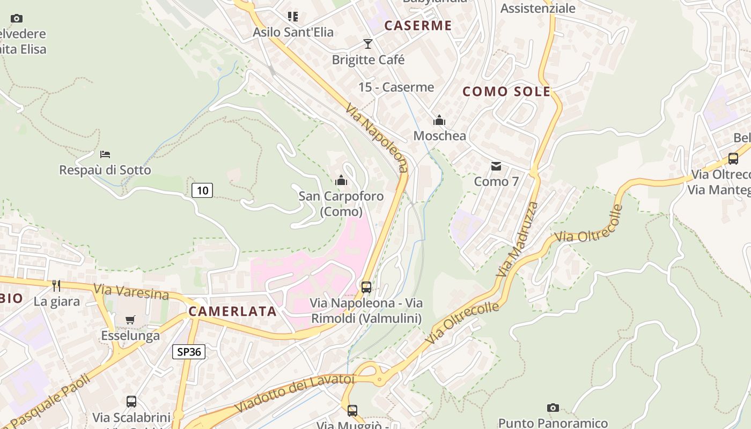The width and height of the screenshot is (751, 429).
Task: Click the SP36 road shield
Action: [189, 352]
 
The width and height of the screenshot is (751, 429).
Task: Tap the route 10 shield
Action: [202, 190]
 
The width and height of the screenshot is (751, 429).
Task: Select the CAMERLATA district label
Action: [233, 312]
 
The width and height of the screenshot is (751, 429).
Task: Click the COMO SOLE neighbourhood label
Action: [506, 92]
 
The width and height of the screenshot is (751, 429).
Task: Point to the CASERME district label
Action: [418, 25]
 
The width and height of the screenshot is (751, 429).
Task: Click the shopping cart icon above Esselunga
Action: [130, 320]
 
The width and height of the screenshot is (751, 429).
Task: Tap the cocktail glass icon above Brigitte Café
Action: [367, 43]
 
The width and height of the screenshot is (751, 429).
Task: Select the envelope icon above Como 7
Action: [496, 166]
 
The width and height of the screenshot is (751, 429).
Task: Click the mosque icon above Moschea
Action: [439, 120]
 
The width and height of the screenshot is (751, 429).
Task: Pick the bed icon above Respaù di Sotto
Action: [105, 154]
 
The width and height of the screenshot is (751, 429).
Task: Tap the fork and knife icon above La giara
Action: [56, 285]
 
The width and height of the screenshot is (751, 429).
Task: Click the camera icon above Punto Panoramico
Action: [553, 408]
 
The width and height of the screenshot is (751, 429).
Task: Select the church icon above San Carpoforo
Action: [341, 180]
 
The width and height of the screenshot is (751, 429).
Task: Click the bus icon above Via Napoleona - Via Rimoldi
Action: [366, 287]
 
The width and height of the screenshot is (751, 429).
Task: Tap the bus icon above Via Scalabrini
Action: [131, 401]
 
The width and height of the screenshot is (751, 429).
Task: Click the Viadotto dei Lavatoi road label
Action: [295, 393]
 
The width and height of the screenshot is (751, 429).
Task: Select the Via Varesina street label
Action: [131, 292]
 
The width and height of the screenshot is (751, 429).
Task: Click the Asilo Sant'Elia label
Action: [293, 32]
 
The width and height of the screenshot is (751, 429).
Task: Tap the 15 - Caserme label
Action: [396, 87]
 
